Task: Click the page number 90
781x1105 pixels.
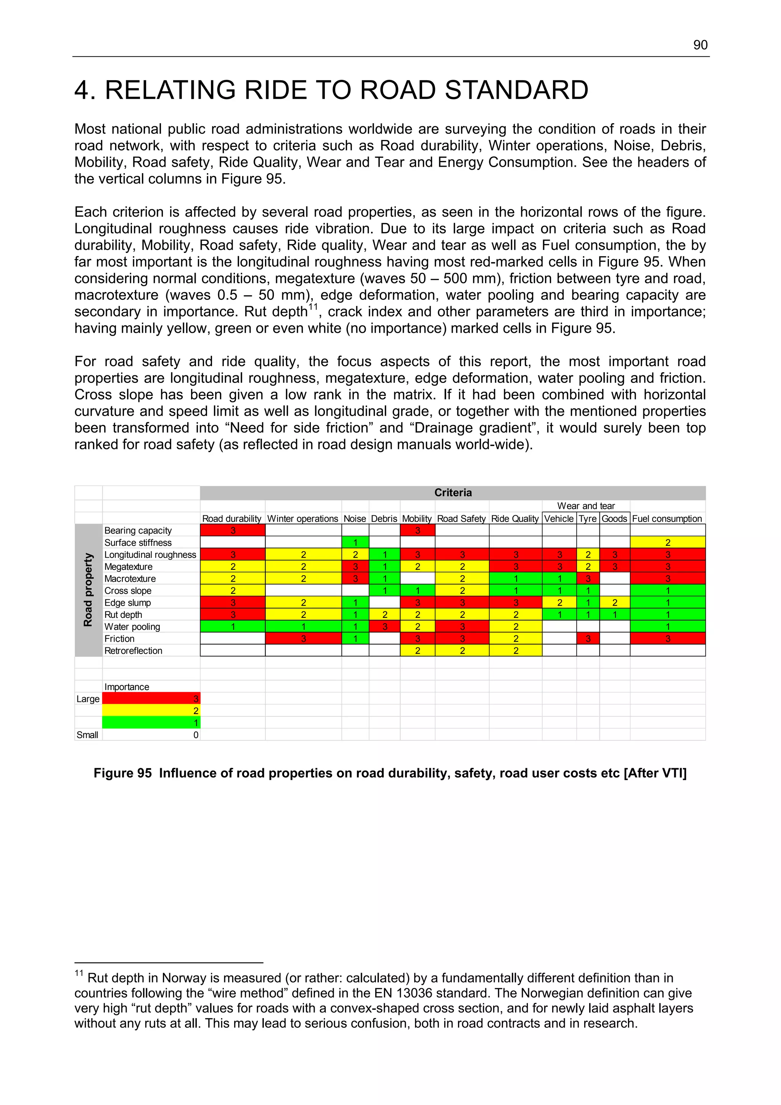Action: [x=700, y=45]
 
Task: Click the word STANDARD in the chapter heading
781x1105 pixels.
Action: [x=516, y=90]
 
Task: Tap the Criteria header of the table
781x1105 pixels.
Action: [x=452, y=492]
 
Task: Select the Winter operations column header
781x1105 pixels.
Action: [x=303, y=518]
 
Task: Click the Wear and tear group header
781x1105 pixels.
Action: [x=586, y=506]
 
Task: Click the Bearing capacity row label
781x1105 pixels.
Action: [x=138, y=530]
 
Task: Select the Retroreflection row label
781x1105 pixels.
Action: [x=133, y=651]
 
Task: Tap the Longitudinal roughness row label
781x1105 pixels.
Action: [x=150, y=555]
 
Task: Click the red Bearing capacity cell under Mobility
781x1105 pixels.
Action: [x=417, y=530]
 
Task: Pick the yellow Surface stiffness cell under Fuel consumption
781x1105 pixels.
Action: [x=667, y=542]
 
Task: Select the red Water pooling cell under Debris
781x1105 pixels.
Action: [x=384, y=627]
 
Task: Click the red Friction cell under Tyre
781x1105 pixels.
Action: [x=588, y=639]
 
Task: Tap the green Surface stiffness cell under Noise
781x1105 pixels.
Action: [x=355, y=542]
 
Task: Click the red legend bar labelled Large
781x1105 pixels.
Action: [x=151, y=699]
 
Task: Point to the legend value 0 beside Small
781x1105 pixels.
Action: [x=195, y=735]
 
